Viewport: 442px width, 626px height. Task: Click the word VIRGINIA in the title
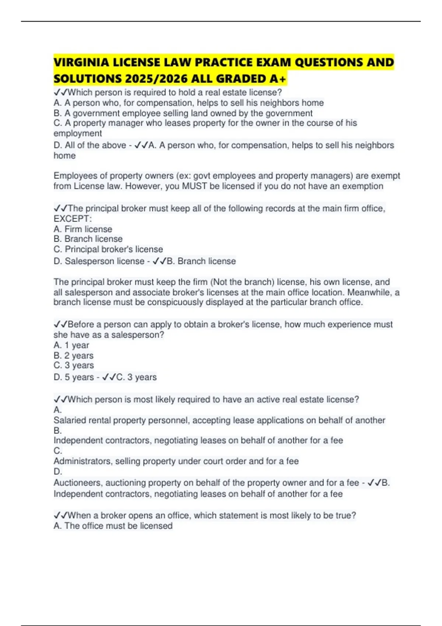coord(81,62)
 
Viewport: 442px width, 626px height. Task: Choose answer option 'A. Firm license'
coord(83,229)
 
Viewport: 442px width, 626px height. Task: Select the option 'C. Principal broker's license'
coord(108,249)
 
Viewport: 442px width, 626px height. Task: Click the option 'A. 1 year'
coord(71,345)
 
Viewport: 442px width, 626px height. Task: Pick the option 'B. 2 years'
coord(74,356)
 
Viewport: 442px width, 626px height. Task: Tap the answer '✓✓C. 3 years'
coord(130,377)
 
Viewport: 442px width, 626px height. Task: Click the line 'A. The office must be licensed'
coord(113,526)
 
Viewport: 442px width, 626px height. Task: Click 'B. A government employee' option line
coord(183,113)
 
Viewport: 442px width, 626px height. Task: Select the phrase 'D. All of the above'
coord(90,145)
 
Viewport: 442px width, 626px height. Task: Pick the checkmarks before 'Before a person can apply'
coord(60,324)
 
